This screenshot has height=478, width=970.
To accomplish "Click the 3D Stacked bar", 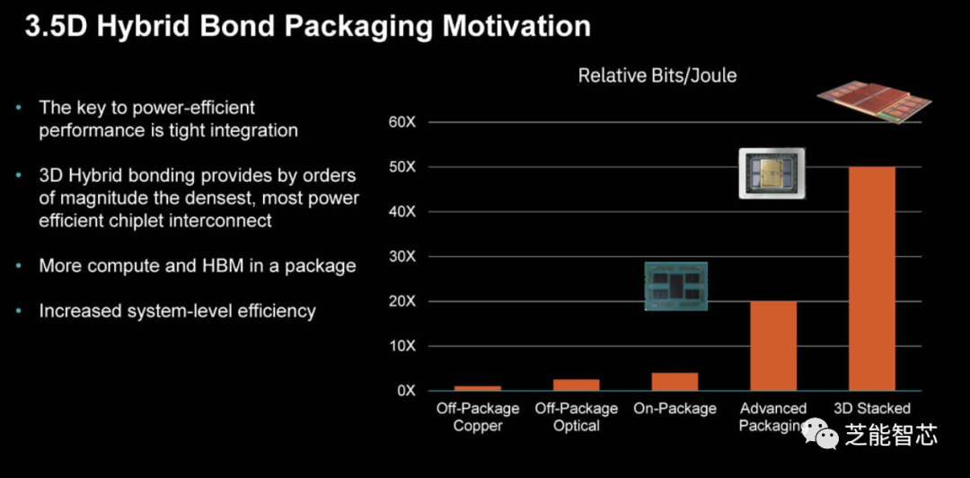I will pyautogui.click(x=871, y=279).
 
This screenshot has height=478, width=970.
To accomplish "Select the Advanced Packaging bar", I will pyautogui.click(x=772, y=346).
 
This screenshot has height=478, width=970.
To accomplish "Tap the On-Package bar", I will pyautogui.click(x=675, y=382).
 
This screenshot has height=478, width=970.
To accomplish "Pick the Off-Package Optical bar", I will pyautogui.click(x=576, y=385).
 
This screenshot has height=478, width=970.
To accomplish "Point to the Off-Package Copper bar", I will pyautogui.click(x=477, y=387).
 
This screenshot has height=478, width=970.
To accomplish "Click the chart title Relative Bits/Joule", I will pyautogui.click(x=657, y=76).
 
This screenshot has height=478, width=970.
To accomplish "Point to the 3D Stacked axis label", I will pyautogui.click(x=871, y=409).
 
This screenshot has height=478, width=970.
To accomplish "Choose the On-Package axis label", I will pyautogui.click(x=675, y=409).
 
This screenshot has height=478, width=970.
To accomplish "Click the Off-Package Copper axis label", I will pyautogui.click(x=477, y=417).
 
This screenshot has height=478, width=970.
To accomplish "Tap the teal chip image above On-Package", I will pyautogui.click(x=675, y=287).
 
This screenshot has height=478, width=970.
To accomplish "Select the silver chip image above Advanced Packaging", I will pyautogui.click(x=772, y=173).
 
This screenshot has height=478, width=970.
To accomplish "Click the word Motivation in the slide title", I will pyautogui.click(x=516, y=25).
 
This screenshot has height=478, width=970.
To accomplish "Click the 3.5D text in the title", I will pyautogui.click(x=56, y=25).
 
